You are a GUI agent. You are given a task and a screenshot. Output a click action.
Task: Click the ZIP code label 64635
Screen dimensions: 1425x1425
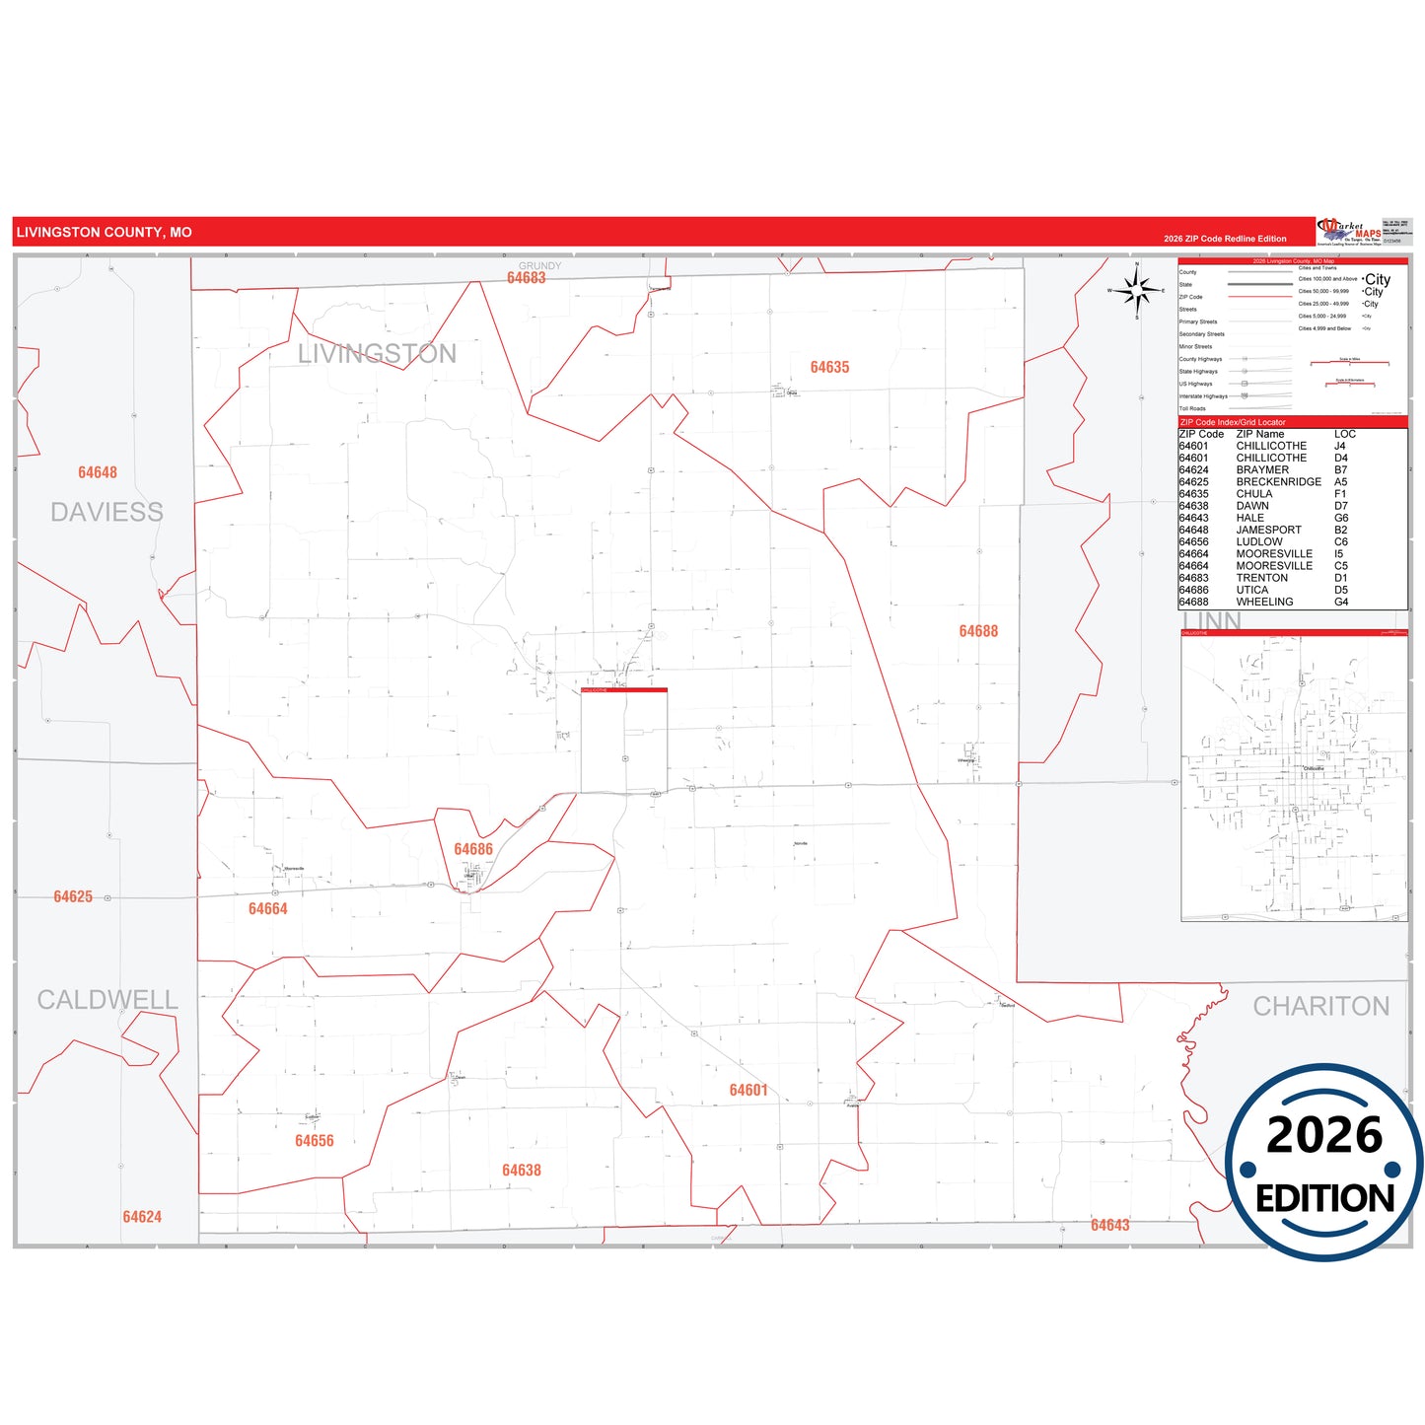pos(829,367)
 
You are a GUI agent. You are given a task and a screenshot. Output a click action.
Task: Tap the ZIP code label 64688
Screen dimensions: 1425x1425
pos(978,631)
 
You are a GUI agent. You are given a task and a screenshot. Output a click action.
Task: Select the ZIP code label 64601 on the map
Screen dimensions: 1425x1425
pos(748,1090)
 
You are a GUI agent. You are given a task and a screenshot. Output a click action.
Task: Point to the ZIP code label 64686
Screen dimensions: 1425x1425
pos(473,849)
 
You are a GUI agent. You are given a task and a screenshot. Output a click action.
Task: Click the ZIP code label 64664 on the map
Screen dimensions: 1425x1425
pos(267,908)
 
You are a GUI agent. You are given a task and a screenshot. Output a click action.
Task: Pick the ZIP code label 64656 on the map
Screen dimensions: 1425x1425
pos(314,1140)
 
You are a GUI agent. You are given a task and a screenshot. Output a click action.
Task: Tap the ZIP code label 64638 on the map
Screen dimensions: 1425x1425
pos(521,1170)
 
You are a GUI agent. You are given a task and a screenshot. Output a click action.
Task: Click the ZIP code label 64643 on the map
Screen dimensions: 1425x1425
pos(1109,1225)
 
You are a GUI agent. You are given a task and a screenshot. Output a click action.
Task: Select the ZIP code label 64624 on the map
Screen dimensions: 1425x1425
pos(142,1217)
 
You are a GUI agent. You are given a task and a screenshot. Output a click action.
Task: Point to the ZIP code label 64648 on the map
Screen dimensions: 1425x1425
pos(98,472)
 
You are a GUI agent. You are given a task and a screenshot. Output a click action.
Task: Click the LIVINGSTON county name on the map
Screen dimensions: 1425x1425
pos(377,354)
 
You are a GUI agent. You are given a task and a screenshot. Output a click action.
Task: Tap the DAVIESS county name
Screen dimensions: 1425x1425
pos(107,512)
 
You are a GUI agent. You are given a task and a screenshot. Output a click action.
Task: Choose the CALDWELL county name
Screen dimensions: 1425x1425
pos(107,1000)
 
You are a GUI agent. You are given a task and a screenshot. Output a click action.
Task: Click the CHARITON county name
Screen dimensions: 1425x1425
pos(1320,1006)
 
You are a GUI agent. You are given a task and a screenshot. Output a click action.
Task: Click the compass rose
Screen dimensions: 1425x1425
pos(1137,290)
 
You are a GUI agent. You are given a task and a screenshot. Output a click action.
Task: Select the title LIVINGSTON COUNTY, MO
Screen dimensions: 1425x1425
pos(104,233)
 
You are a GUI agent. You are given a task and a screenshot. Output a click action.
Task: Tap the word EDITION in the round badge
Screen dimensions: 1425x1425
pos(1324,1198)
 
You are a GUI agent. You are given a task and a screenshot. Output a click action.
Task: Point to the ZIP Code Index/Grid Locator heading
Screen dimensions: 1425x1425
pos(1233,422)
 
